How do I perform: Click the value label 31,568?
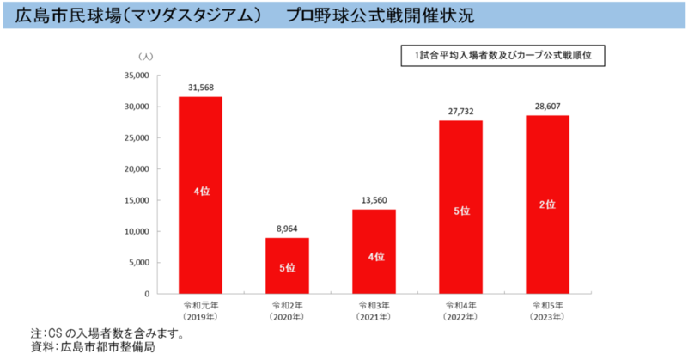pos(200,87)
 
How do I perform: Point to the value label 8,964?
pos(287,229)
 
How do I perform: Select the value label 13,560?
pos(374,200)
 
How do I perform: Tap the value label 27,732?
pos(460,111)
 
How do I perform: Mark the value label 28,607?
pos(547,106)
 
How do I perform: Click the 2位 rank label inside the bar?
pos(547,204)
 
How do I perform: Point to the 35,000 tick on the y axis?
pos(137,76)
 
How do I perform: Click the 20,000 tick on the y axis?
pos(137,169)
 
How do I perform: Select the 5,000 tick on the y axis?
pos(140,263)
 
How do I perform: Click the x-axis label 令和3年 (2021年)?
pos(374,312)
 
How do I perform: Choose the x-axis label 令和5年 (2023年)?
pos(547,312)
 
